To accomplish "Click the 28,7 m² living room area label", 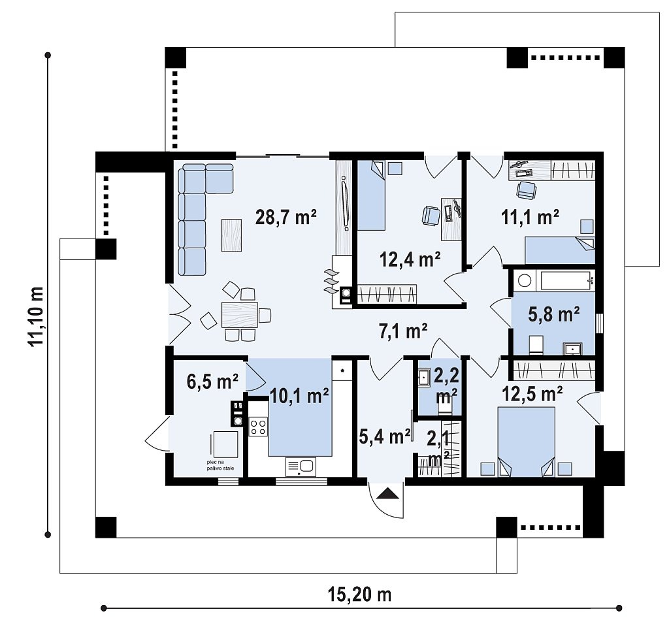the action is tap(286, 217).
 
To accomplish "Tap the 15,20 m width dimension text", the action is tap(359, 594).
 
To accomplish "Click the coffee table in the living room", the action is tap(232, 235).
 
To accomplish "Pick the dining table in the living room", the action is tap(239, 314).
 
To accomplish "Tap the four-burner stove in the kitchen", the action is tap(258, 427).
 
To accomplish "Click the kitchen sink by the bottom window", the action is tap(301, 467).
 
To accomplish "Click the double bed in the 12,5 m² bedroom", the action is tap(527, 442).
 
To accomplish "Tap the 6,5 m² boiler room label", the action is tap(212, 381).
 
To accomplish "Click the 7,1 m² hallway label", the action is tap(403, 331).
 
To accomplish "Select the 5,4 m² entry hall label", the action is tap(384, 436).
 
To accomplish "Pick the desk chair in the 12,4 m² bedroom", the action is tap(431, 215).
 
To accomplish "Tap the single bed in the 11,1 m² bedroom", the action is tap(560, 250).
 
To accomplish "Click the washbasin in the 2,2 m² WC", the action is tap(425, 377).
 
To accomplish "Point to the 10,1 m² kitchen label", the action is tap(299, 396).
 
